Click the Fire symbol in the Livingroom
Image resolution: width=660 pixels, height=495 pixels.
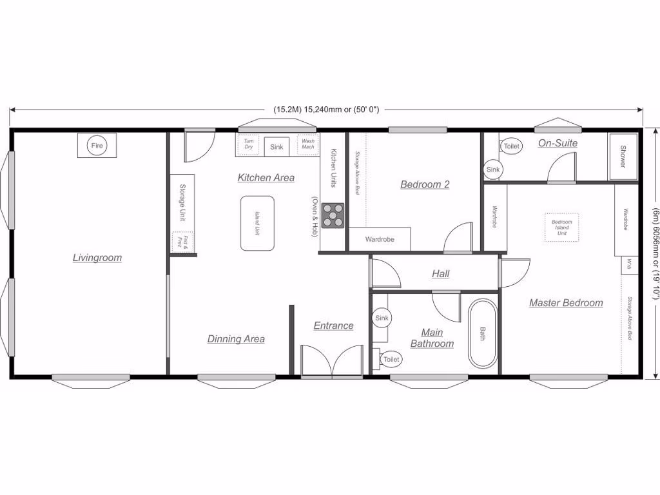coord(97,146)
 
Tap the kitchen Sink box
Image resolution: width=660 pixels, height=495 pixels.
coord(277,147)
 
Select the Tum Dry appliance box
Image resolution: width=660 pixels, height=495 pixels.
coord(248,144)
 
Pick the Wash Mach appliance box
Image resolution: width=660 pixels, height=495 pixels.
coord(308,144)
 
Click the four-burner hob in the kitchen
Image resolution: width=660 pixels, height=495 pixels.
coord(333,215)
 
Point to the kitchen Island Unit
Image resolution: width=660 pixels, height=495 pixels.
coord(257,223)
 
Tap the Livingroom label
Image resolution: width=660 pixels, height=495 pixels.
coord(97,258)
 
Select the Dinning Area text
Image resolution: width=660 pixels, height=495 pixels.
coord(236,339)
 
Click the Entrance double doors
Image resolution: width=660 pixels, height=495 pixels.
coord(332,360)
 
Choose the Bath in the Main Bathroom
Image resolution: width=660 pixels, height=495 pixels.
coord(483,333)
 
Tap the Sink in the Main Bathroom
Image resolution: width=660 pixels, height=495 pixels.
coord(382,318)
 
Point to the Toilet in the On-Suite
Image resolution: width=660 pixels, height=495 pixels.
coord(510,146)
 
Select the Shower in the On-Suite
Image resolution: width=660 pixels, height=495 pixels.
coord(623,157)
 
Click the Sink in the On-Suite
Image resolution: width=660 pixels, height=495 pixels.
coord(492,170)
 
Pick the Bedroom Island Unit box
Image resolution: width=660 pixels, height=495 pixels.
coord(561,228)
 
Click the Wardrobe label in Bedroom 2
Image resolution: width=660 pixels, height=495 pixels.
coord(379,239)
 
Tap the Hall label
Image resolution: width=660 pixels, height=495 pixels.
coord(441,274)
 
